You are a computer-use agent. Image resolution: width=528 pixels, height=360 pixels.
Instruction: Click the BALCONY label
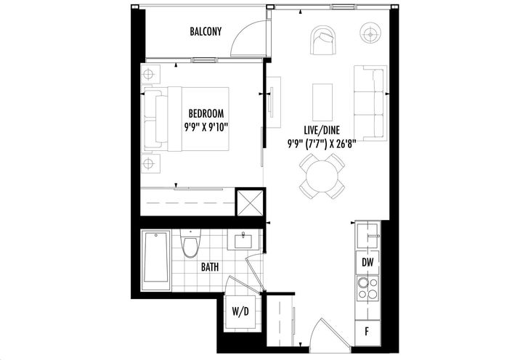click(206, 32)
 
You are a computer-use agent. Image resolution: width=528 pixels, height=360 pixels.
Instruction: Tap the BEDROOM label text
click(206, 113)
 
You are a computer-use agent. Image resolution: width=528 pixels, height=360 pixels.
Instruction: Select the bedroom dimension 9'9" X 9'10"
click(206, 127)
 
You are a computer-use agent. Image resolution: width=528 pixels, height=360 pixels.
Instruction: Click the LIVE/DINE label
click(322, 130)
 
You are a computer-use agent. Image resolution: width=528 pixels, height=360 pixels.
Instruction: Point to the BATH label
click(210, 267)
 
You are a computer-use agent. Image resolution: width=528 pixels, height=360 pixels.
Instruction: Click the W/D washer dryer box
click(240, 311)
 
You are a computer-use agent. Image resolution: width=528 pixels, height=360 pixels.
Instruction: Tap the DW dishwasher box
click(367, 263)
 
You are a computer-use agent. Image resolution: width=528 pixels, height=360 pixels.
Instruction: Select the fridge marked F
click(367, 332)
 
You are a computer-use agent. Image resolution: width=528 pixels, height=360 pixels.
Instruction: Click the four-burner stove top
click(367, 288)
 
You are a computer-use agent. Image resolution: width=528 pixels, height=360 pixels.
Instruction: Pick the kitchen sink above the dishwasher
click(368, 235)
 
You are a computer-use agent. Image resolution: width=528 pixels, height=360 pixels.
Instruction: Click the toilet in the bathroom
click(190, 244)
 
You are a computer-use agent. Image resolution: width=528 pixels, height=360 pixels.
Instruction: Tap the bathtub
click(155, 260)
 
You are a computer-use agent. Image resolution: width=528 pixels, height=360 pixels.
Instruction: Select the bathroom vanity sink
click(243, 240)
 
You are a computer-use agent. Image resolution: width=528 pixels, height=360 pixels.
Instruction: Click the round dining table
click(322, 176)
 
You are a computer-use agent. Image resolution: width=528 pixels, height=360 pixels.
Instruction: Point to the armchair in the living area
click(324, 41)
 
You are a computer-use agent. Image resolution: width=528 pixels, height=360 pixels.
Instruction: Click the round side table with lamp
click(370, 33)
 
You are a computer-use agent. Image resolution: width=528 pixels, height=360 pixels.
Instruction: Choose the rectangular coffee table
click(322, 102)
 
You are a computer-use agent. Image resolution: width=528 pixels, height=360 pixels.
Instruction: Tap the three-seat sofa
click(370, 103)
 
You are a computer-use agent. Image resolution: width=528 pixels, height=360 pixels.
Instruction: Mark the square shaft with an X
click(250, 203)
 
